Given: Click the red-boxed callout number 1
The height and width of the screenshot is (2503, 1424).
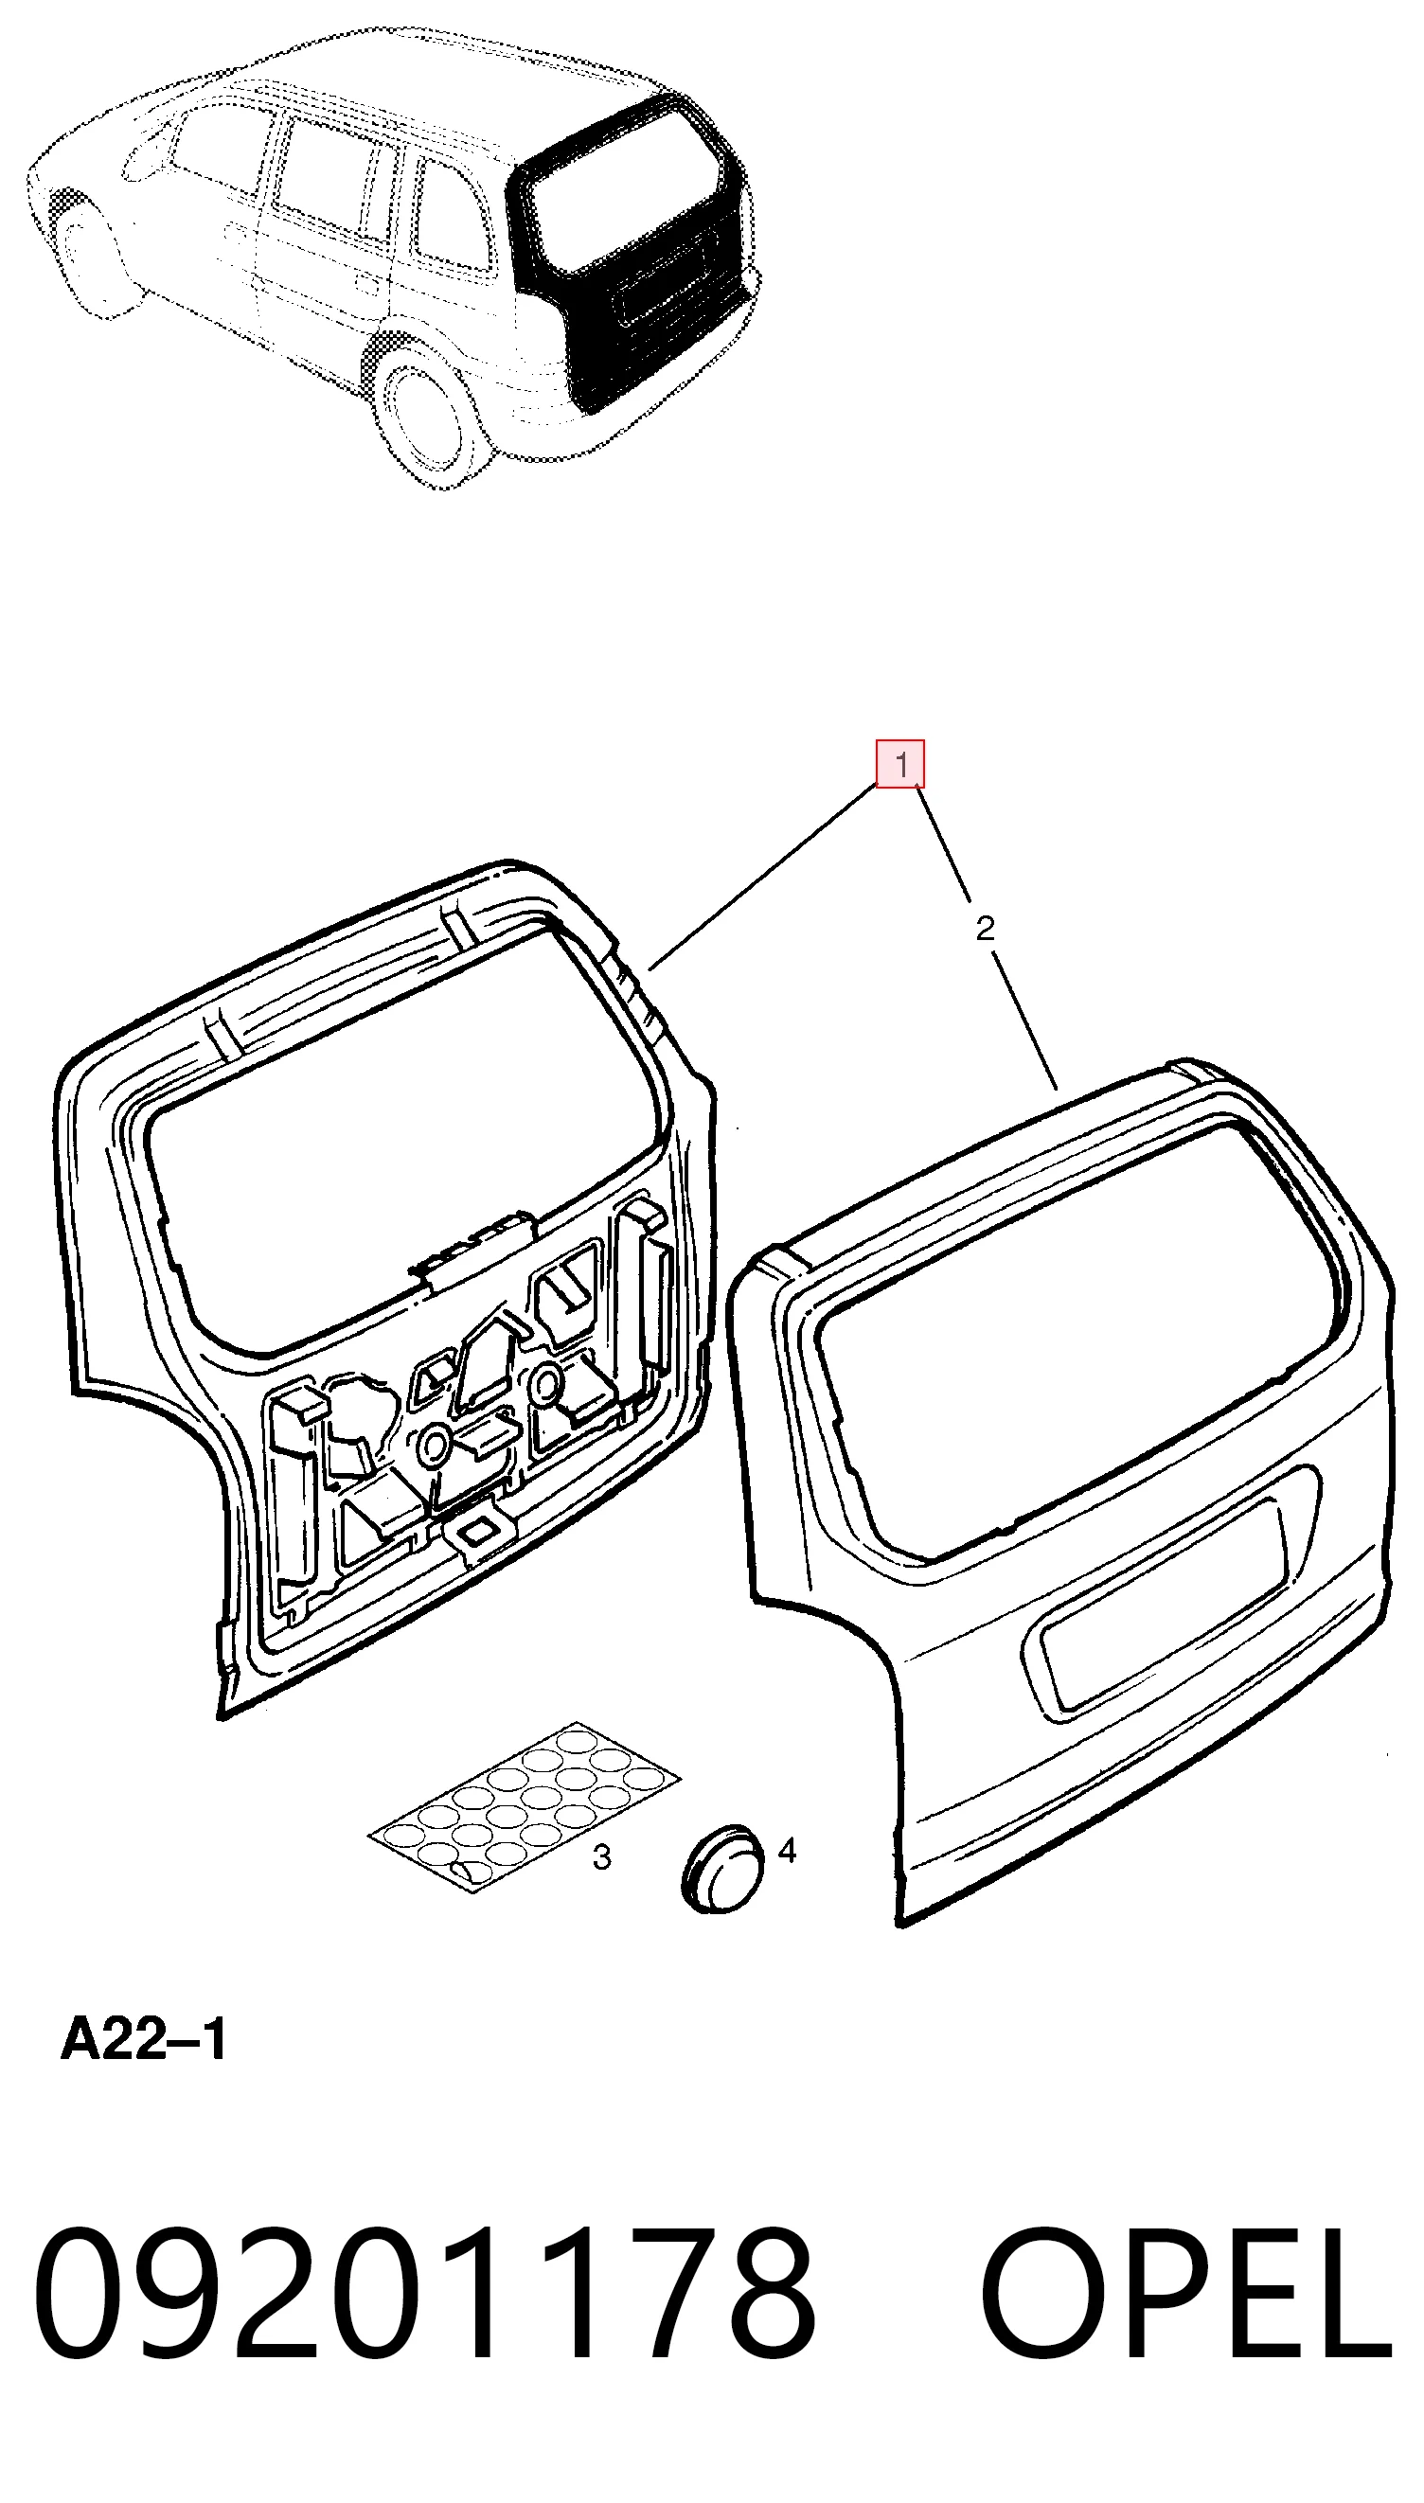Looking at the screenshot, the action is (899, 764).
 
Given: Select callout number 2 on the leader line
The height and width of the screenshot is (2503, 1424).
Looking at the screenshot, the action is (985, 928).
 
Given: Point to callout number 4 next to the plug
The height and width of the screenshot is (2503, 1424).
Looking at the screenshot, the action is (787, 1850).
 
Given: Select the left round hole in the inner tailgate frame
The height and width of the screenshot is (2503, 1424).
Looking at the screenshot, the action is (434, 1444).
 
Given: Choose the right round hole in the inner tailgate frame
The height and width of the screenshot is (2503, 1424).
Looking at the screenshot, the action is (545, 1382).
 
